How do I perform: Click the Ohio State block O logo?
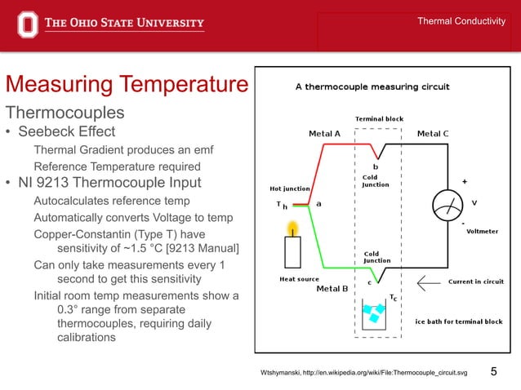28,23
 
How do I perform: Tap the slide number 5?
493,372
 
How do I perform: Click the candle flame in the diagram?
292,226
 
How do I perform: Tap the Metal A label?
324,134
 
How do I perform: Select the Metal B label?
332,288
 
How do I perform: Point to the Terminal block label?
379,119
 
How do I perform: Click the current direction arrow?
428,282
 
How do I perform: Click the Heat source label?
300,279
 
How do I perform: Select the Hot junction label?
290,189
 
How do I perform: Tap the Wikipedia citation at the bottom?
363,373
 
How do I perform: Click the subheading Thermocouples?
65,112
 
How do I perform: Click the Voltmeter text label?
482,231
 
